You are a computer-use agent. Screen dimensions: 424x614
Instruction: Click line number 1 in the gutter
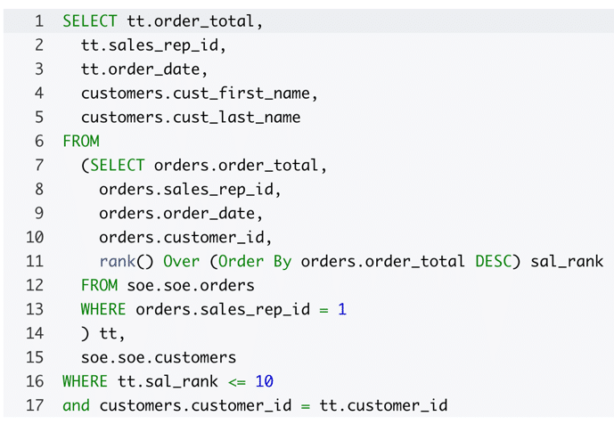tap(39, 20)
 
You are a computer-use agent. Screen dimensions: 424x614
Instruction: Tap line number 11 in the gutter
tap(35, 261)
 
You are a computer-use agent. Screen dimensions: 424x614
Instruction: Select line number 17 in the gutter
tap(35, 405)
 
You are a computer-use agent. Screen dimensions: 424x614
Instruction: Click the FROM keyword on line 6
tap(81, 141)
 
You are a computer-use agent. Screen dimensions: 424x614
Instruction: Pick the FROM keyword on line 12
tap(99, 285)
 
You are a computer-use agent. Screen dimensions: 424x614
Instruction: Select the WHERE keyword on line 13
tap(103, 309)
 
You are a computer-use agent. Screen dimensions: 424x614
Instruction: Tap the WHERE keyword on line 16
tap(86, 381)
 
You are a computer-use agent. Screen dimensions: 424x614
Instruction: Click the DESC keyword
tap(493, 261)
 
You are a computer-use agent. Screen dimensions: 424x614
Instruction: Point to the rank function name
tap(117, 261)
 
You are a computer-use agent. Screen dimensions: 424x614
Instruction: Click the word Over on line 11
tap(180, 261)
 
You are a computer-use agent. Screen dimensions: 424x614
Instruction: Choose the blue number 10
tap(264, 381)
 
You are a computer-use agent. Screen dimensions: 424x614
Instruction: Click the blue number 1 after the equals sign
tap(342, 309)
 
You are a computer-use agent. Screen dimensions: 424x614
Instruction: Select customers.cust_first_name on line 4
tap(199, 93)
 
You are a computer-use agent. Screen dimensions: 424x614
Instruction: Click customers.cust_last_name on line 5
tap(190, 117)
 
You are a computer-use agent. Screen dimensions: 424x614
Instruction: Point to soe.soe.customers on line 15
tap(158, 357)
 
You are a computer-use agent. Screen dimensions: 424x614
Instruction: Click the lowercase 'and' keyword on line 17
tap(76, 405)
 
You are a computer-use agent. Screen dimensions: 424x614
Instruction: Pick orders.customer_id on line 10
tap(184, 237)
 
